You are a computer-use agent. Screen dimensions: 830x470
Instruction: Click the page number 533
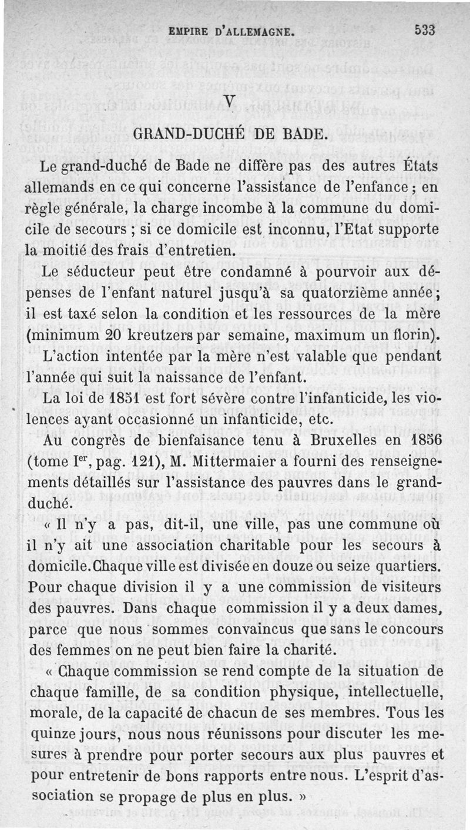(424, 30)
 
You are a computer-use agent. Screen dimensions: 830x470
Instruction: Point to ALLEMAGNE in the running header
(253, 31)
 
